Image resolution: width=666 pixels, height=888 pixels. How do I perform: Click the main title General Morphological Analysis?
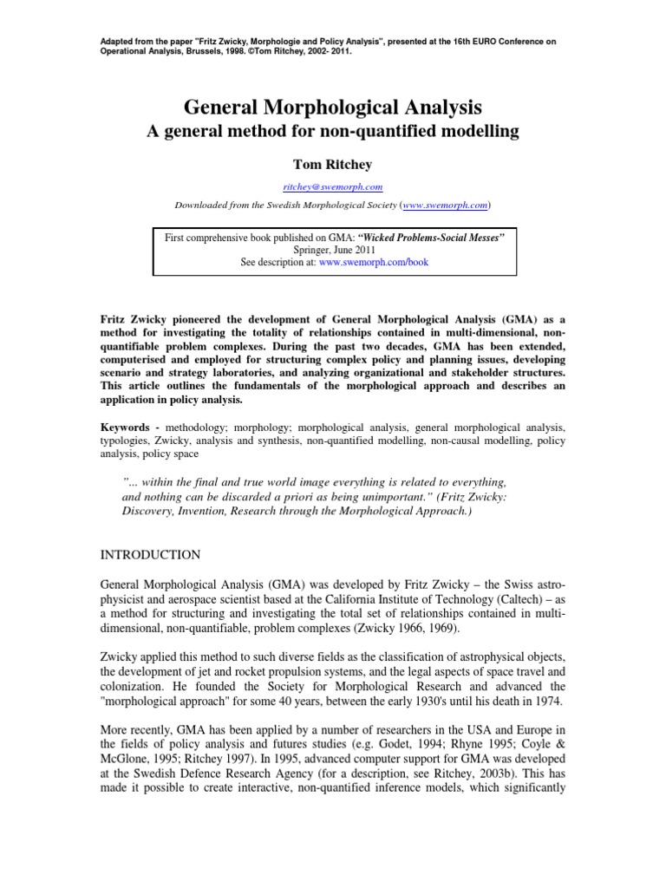(332, 108)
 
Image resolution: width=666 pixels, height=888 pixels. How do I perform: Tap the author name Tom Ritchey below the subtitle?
(333, 165)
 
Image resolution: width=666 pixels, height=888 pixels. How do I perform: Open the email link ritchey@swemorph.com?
(333, 186)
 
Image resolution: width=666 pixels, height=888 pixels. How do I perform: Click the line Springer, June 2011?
(333, 250)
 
